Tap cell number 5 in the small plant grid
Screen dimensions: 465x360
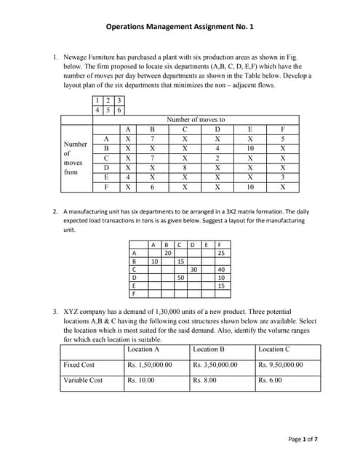(x=108, y=110)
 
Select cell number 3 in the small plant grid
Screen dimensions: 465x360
(x=119, y=100)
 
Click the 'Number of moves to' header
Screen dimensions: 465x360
(x=196, y=119)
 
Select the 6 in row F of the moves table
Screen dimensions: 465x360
(x=153, y=186)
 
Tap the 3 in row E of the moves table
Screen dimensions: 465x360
(x=283, y=176)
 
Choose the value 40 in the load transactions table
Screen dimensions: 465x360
(x=220, y=269)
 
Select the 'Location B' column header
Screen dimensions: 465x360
(x=209, y=349)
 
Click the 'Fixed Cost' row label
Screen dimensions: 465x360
(x=79, y=365)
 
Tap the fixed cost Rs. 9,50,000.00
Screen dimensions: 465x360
(x=281, y=365)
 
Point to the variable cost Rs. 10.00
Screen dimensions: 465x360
(x=140, y=380)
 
